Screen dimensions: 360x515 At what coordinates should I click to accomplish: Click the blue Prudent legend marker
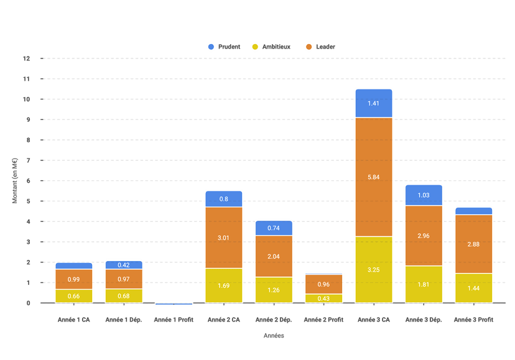[211, 47]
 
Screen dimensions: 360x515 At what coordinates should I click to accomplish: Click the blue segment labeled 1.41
[373, 103]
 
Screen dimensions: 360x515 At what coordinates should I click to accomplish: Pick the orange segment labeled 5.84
[373, 177]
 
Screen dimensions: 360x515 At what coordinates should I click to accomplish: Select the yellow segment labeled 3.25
[373, 269]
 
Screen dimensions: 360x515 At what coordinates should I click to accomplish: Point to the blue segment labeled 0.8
[223, 199]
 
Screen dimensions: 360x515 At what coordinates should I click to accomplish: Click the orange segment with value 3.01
[223, 237]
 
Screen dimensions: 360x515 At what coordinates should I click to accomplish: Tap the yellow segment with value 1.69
[223, 285]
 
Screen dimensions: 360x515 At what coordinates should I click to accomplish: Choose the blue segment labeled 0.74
[274, 228]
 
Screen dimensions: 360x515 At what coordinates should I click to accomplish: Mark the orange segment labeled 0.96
[323, 284]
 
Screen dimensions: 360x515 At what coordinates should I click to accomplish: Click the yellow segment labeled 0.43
[323, 298]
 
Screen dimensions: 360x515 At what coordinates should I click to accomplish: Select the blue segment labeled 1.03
[424, 195]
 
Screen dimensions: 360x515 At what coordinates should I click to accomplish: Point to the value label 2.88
[473, 244]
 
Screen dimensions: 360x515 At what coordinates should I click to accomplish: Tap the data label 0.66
[73, 296]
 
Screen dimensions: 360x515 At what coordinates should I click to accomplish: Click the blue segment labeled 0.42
[124, 264]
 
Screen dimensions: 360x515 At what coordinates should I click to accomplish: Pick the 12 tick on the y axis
[27, 58]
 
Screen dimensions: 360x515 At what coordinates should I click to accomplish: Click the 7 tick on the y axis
[27, 160]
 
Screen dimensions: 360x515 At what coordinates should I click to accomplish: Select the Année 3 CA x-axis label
[373, 320]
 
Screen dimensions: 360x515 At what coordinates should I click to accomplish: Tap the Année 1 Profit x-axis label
[174, 320]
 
